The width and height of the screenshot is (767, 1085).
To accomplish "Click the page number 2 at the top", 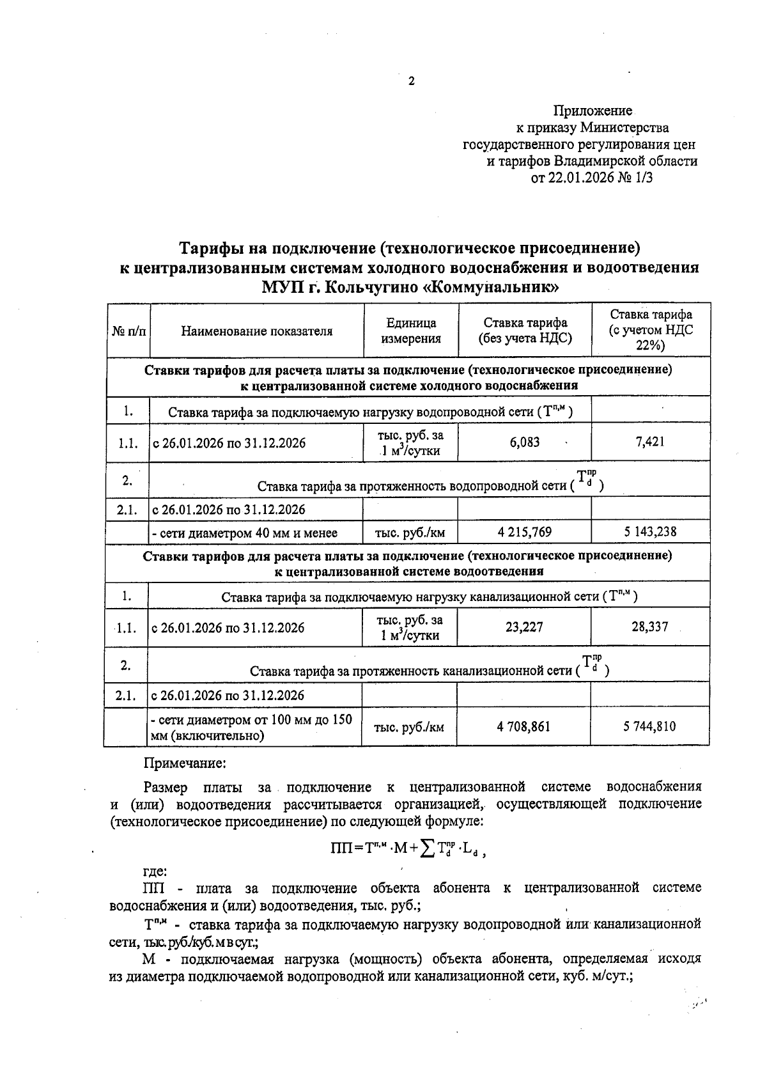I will pos(411,81).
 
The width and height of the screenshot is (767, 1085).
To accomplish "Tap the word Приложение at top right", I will pos(593,111).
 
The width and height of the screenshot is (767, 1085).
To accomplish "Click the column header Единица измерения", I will pos(411,331).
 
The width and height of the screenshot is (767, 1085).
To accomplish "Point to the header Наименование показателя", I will pos(257,331).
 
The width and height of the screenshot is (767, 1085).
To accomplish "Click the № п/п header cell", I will pos(128,331).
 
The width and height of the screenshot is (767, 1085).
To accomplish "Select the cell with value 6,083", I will pos(525,442).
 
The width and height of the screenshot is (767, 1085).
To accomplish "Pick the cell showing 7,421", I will pos(650,442).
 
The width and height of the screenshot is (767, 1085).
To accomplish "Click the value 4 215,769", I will pos(524,532).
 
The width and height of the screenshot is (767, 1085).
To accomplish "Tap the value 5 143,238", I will pos(649,532).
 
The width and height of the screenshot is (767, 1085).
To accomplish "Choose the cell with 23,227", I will pos(524,627).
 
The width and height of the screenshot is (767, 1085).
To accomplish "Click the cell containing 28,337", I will pos(649,627).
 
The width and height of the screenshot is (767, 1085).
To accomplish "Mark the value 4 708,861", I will pos(523,726).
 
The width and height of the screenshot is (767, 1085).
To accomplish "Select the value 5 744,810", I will pos(649,726).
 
